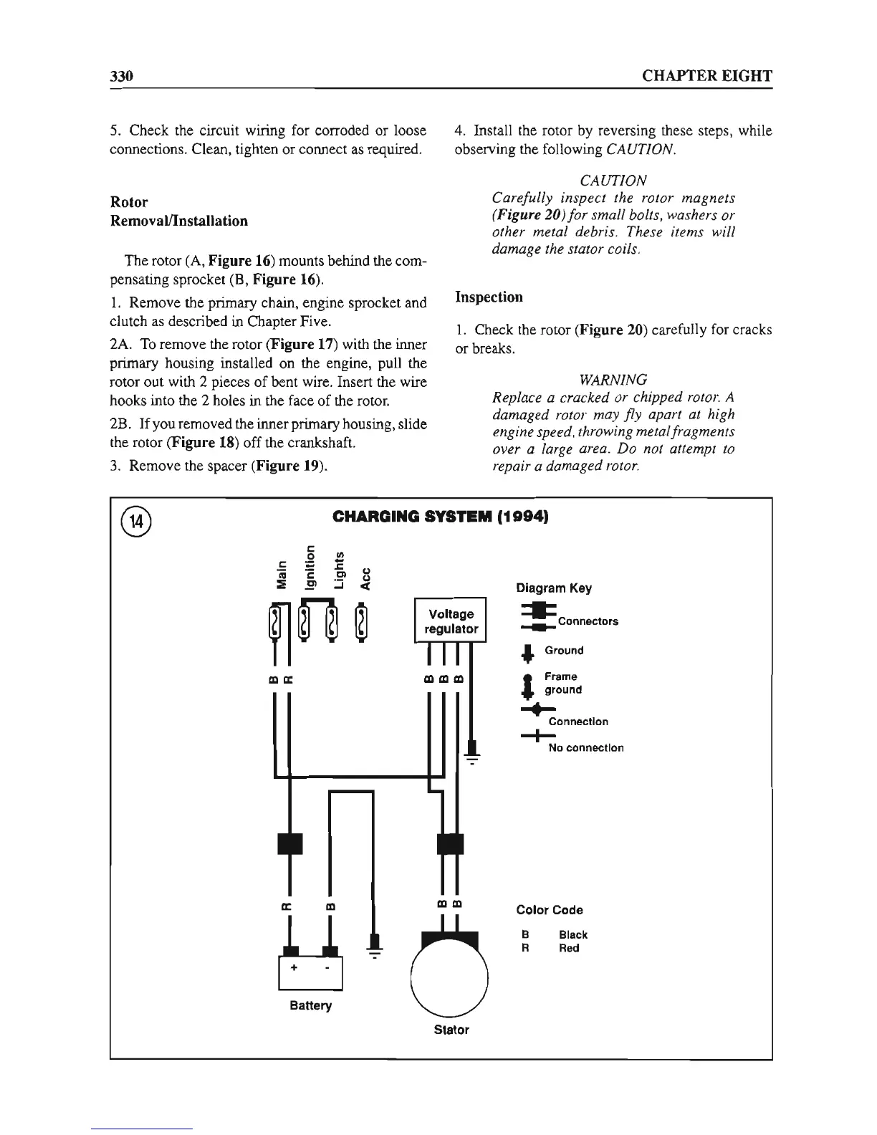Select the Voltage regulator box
pos(451,621)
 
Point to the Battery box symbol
pos(311,973)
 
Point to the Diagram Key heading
pos(554,588)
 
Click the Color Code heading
pos(550,910)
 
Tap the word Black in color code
pos(572,934)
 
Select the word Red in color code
pos(569,948)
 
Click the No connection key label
pos(585,747)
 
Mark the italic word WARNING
pos(613,379)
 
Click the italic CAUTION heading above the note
pos(613,179)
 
